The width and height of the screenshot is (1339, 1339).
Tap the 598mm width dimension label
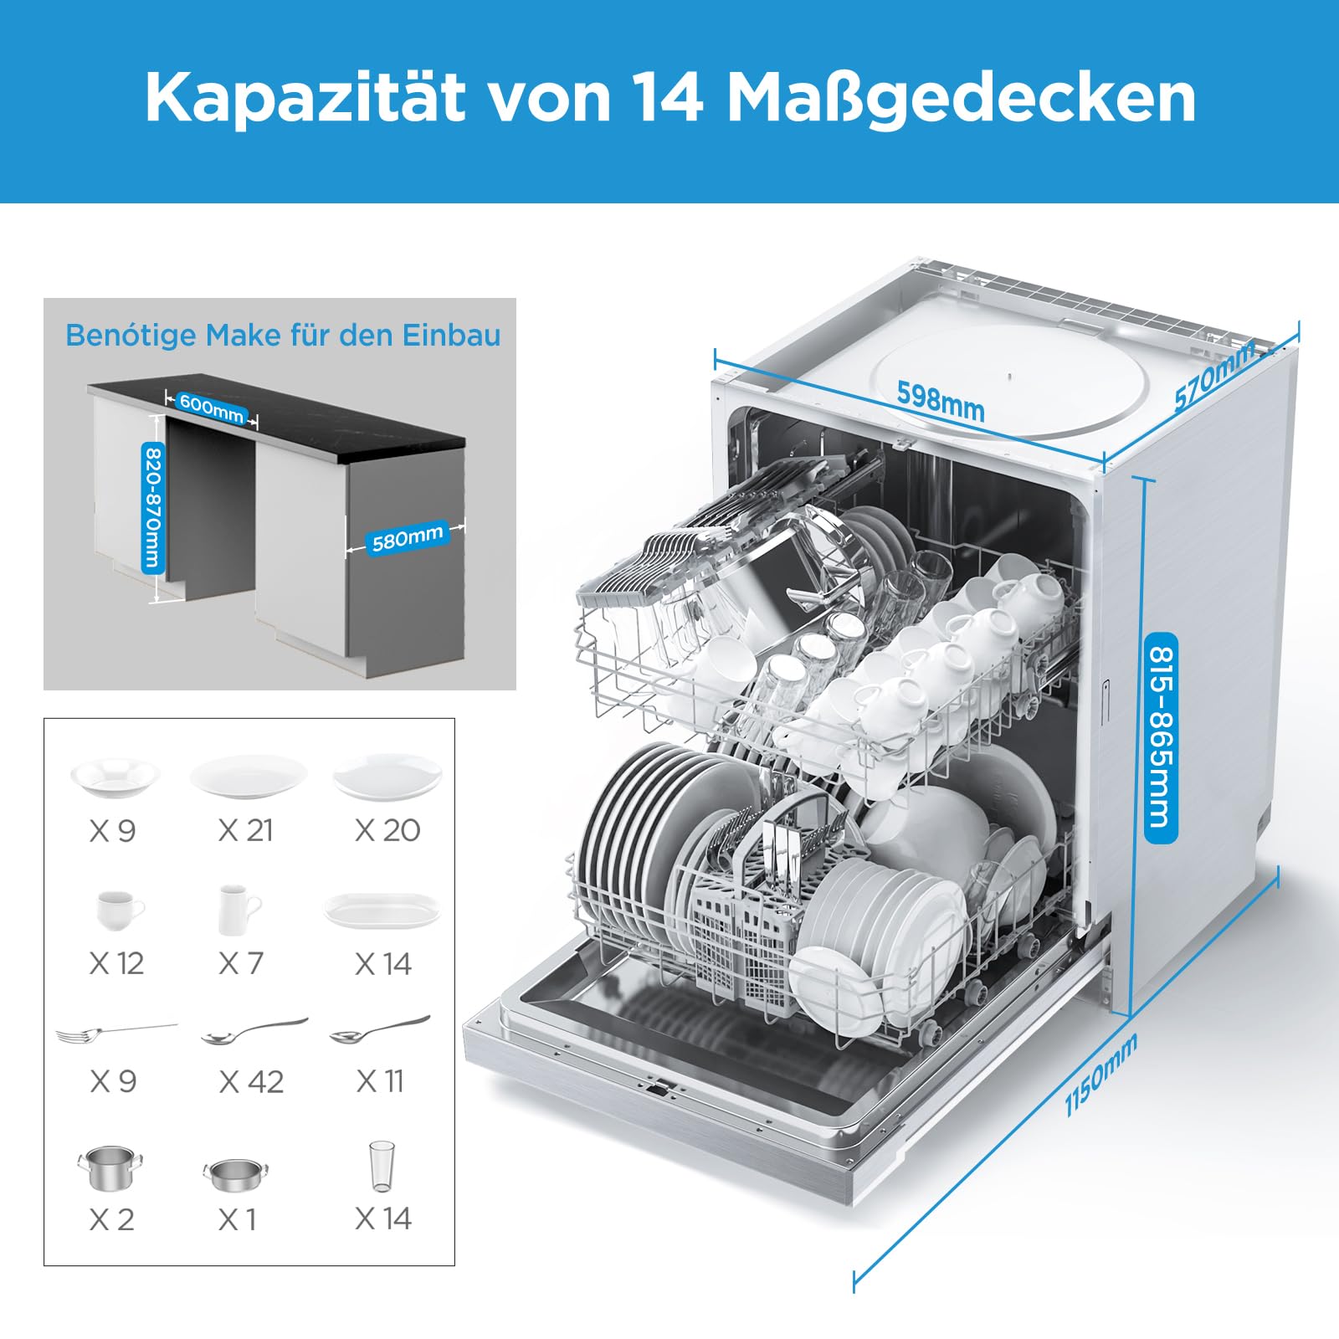(x=941, y=400)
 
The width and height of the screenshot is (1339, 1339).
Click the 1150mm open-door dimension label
(x=1101, y=1075)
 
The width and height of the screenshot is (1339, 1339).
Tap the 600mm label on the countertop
(x=211, y=408)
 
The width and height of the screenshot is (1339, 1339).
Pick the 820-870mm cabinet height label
(x=152, y=507)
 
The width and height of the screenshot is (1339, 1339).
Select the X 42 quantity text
(x=251, y=1081)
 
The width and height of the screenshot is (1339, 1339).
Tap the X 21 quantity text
(x=245, y=830)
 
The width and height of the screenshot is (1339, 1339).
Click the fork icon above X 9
(x=116, y=1034)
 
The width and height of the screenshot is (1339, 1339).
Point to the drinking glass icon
(x=382, y=1166)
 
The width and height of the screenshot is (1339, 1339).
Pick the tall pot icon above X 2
(x=110, y=1167)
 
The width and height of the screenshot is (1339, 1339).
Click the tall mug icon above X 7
(x=239, y=910)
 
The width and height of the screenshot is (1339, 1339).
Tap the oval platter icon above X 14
(x=382, y=910)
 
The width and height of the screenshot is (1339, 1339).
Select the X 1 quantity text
(x=237, y=1219)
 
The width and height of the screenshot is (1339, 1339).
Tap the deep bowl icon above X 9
(x=115, y=777)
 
